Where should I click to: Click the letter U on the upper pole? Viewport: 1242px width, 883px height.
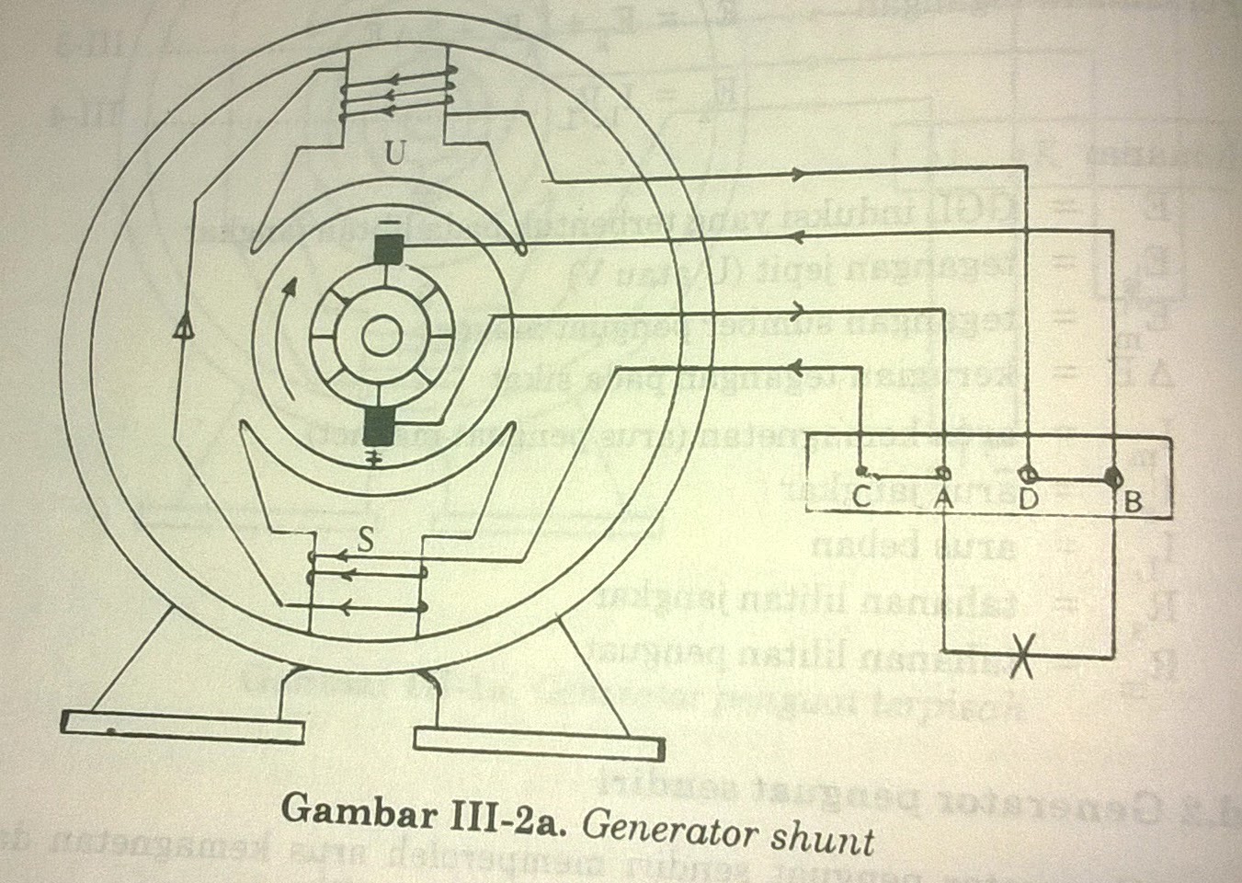click(393, 155)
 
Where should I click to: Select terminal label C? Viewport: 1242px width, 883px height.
click(862, 498)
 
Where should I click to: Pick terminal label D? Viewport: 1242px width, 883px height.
click(1028, 499)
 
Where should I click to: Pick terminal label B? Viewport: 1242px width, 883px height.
click(1133, 501)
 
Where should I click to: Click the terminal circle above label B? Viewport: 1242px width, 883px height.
click(1112, 477)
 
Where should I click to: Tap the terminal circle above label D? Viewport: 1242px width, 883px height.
click(1026, 475)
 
